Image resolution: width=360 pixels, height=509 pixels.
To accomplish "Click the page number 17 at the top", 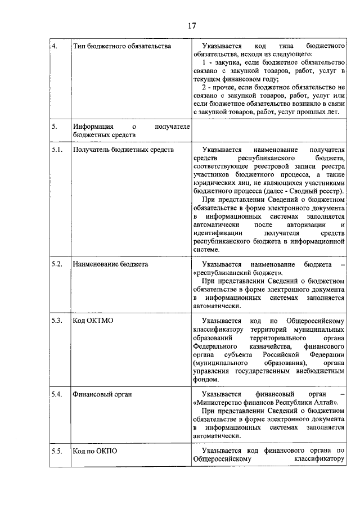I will pyautogui.click(x=192, y=25).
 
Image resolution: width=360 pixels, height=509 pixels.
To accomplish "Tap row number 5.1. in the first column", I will pyautogui.click(x=56, y=150).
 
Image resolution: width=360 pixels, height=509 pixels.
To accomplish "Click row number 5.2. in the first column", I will pyautogui.click(x=56, y=264).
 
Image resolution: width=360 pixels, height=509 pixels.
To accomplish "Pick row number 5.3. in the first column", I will pyautogui.click(x=56, y=321).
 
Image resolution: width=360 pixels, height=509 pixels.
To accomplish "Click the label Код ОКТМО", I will pyautogui.click(x=93, y=321).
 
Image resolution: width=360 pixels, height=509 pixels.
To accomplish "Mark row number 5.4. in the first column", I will pyautogui.click(x=56, y=394).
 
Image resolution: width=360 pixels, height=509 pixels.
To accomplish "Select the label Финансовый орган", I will pyautogui.click(x=102, y=394).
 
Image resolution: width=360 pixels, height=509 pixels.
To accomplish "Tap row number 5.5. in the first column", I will pyautogui.click(x=56, y=451).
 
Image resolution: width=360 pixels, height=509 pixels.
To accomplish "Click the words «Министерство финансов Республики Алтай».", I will pyautogui.click(x=265, y=403).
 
